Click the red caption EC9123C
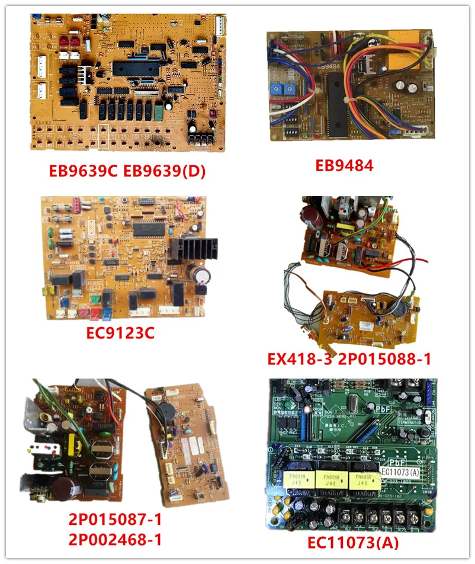click(x=120, y=334)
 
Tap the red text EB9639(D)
click(x=171, y=172)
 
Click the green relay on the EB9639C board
click(x=158, y=110)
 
